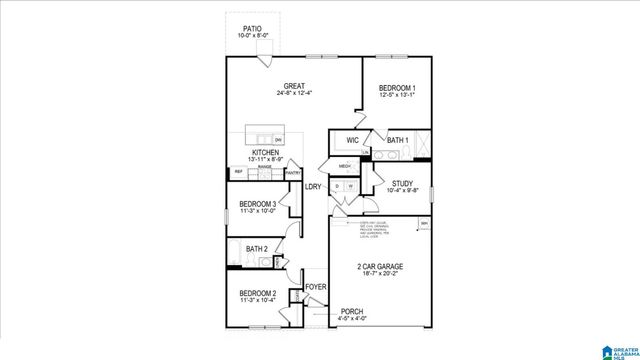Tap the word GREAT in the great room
[x=294, y=86]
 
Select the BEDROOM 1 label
[x=397, y=88]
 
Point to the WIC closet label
[x=353, y=140]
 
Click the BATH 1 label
[x=398, y=140]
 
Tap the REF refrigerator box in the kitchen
[x=239, y=172]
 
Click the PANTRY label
[x=293, y=173]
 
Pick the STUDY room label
[x=402, y=183]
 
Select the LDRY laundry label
[x=313, y=187]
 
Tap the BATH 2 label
[x=256, y=249]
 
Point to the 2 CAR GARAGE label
[x=380, y=266]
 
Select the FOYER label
[x=316, y=287]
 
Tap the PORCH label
[x=352, y=311]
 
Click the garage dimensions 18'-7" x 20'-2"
[x=380, y=275]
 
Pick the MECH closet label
[x=345, y=166]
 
